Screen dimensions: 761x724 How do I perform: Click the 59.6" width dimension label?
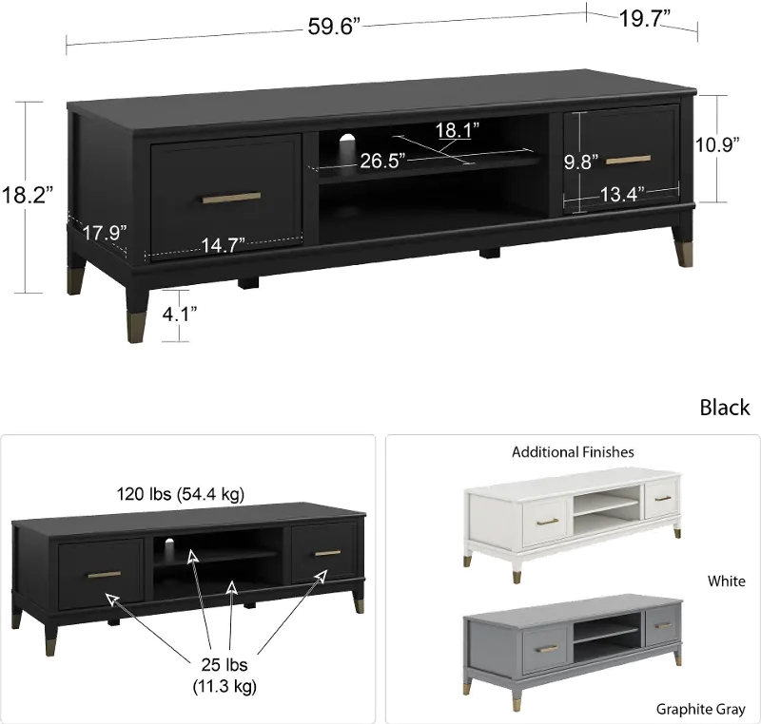(x=334, y=27)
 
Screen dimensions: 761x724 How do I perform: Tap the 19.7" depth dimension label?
(x=645, y=19)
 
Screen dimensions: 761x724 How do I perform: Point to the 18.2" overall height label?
(x=28, y=195)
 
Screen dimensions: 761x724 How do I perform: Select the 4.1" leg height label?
(x=180, y=314)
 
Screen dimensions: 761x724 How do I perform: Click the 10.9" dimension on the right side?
(x=717, y=144)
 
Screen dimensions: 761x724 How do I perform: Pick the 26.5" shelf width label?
(x=382, y=161)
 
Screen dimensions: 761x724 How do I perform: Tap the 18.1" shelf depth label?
(x=457, y=130)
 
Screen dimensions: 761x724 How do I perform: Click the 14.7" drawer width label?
(x=224, y=245)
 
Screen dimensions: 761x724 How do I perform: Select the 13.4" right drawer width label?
(x=622, y=195)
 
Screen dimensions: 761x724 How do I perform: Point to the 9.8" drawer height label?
(x=581, y=162)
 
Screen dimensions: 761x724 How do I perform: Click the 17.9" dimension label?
(x=105, y=233)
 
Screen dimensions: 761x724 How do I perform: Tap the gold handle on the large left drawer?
(x=231, y=198)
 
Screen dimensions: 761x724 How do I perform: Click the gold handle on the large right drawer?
(x=629, y=160)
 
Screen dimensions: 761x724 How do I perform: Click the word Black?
(x=725, y=408)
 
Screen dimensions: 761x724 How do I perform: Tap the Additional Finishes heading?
(x=573, y=452)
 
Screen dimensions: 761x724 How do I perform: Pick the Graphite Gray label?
(x=700, y=709)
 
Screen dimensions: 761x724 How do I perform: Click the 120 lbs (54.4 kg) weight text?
(x=181, y=494)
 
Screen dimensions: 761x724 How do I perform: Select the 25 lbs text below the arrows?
(x=224, y=664)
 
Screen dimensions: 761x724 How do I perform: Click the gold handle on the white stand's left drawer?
(x=548, y=522)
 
